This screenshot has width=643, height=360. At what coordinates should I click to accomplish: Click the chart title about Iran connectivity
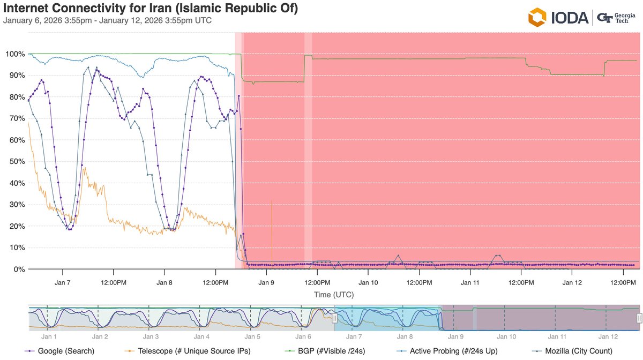[x=151, y=9]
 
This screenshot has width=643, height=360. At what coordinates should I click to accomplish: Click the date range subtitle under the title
[x=107, y=21]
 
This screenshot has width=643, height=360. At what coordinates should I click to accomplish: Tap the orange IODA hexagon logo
[x=537, y=17]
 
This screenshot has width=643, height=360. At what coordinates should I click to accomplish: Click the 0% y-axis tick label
[x=16, y=269]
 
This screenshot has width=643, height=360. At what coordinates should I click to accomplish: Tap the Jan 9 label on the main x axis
[x=266, y=282]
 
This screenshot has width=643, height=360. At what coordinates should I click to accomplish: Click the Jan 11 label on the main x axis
[x=470, y=282]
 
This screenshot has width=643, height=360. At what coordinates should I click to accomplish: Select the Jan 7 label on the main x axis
[x=63, y=282]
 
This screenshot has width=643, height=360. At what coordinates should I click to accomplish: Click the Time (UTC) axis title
[x=334, y=294]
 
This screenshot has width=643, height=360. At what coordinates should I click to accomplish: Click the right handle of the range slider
[x=639, y=318]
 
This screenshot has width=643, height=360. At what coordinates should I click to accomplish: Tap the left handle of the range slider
[x=334, y=318]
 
